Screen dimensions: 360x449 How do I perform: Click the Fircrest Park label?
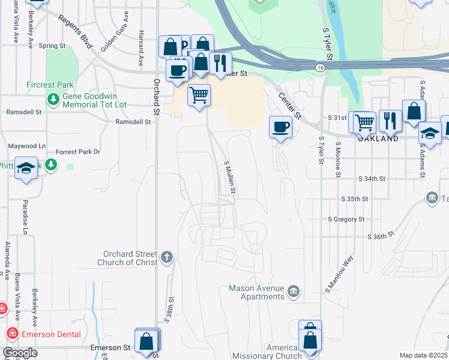click(49, 85)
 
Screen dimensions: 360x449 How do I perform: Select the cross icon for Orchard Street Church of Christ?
click(167, 257)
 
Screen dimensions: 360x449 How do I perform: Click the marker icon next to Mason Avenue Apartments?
click(293, 292)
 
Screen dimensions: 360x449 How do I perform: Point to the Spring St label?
click(52, 46)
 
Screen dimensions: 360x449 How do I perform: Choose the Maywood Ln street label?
click(26, 146)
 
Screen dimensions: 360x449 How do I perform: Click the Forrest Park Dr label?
click(77, 152)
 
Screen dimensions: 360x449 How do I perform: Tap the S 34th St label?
click(371, 179)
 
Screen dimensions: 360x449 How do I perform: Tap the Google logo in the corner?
click(19, 353)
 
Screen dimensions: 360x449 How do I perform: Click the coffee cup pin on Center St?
click(280, 127)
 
